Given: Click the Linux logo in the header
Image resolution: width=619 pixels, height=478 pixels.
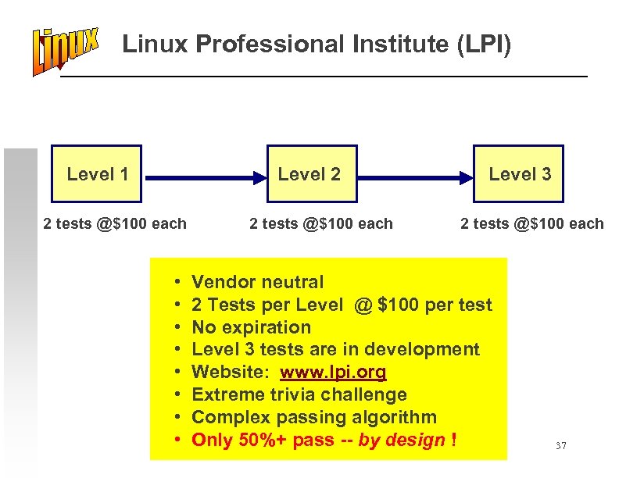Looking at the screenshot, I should (x=66, y=51).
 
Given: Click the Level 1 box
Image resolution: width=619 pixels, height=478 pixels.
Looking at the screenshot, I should (x=97, y=173).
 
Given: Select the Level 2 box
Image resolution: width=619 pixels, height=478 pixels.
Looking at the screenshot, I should (x=311, y=173).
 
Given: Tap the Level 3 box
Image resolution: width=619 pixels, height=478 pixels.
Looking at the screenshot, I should (x=519, y=173).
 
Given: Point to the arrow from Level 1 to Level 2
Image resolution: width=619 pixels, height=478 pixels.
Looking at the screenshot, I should (x=205, y=178).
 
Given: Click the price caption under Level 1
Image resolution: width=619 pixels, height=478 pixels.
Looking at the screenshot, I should (x=115, y=224).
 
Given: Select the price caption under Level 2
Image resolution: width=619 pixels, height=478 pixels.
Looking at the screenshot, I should (x=321, y=224).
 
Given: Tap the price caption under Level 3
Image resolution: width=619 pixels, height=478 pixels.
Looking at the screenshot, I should (x=532, y=224).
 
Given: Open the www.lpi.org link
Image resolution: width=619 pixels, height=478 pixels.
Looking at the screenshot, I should (x=333, y=373).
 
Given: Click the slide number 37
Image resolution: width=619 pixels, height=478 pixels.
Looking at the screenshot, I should (x=560, y=446).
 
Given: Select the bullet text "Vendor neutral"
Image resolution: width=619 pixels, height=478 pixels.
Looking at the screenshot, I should (x=257, y=282).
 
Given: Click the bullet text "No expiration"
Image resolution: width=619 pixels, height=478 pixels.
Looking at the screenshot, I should (x=251, y=327).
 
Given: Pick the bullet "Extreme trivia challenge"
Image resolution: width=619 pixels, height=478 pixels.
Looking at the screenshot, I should (x=299, y=395).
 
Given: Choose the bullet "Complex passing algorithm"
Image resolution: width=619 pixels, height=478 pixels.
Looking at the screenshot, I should (x=314, y=418).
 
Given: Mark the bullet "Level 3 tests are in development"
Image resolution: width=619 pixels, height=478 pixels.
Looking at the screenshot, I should (x=335, y=350).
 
